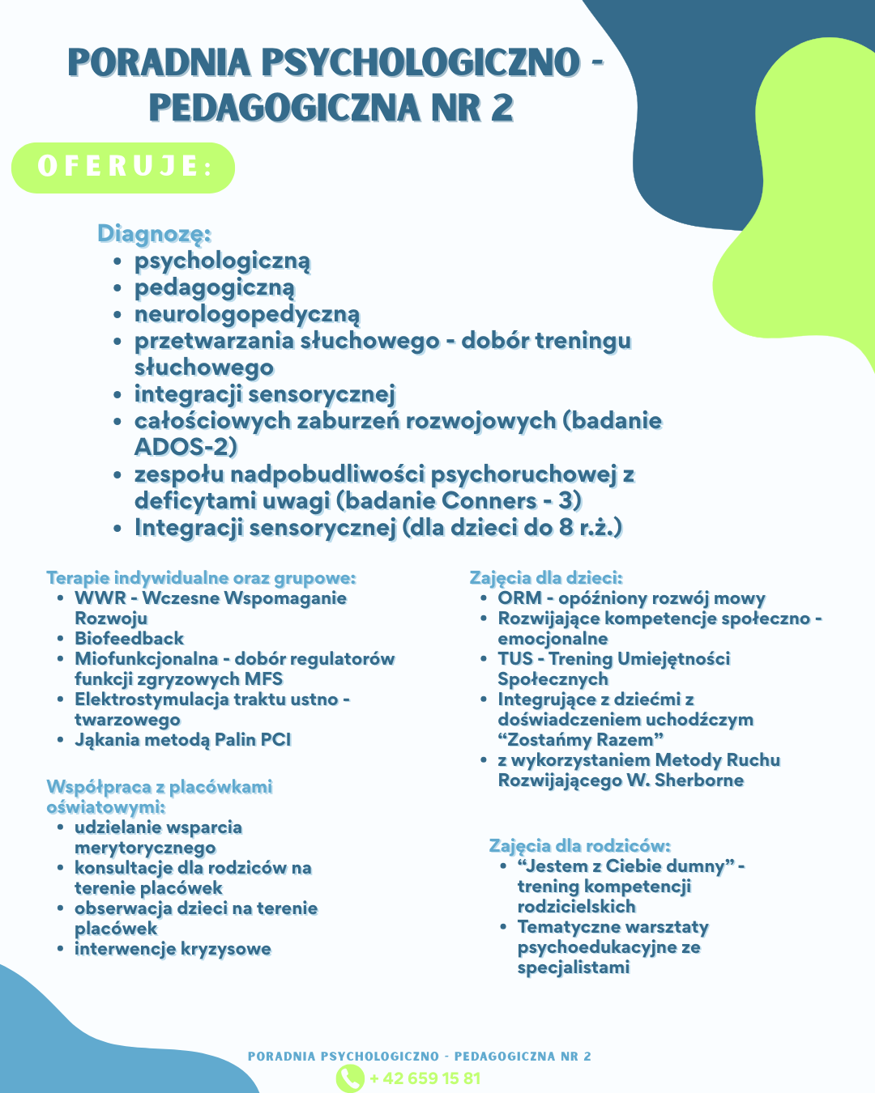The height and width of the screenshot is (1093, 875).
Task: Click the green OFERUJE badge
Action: click(x=123, y=168)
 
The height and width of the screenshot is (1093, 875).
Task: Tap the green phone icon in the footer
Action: click(x=350, y=1078)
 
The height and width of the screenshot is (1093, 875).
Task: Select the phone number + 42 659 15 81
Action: click(x=425, y=1078)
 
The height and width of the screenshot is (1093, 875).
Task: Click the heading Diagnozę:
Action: click(x=154, y=233)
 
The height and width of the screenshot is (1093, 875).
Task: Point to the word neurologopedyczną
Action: click(x=247, y=314)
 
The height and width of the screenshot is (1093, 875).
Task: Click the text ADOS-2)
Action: click(x=186, y=447)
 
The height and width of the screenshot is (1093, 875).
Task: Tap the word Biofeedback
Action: click(x=129, y=639)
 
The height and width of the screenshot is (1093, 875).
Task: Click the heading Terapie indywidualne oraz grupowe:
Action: click(x=201, y=578)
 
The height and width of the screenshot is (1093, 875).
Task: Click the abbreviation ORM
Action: click(x=519, y=598)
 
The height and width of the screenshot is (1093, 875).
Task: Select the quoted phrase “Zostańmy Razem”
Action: click(x=581, y=740)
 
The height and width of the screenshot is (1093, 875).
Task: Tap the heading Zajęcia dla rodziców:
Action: click(x=579, y=846)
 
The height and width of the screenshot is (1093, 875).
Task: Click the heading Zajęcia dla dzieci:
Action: click(x=546, y=578)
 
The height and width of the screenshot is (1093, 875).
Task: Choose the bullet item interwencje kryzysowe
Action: click(x=173, y=949)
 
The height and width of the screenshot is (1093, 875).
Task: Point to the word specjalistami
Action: click(x=573, y=968)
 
